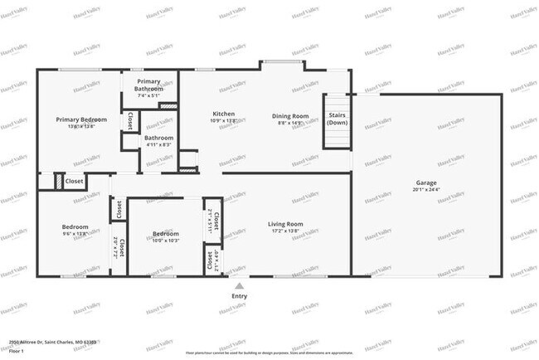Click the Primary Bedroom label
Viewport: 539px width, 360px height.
pyautogui.click(x=81, y=119)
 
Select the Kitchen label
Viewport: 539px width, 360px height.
pyautogui.click(x=224, y=114)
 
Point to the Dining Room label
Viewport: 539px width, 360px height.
pyautogui.click(x=290, y=116)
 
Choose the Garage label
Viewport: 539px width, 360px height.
pyautogui.click(x=426, y=182)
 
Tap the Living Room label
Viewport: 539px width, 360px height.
pyautogui.click(x=284, y=224)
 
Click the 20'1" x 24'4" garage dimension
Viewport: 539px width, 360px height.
pyautogui.click(x=426, y=190)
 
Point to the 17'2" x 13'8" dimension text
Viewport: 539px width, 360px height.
pyautogui.click(x=284, y=231)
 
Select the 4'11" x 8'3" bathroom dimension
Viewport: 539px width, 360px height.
pyautogui.click(x=158, y=145)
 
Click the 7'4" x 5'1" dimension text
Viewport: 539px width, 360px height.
pyautogui.click(x=149, y=96)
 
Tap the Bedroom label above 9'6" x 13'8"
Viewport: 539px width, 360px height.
pyautogui.click(x=75, y=226)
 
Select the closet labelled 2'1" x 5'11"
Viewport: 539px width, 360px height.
pyautogui.click(x=214, y=221)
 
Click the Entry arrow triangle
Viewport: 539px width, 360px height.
pyautogui.click(x=239, y=285)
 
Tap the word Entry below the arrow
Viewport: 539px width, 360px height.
pyautogui.click(x=239, y=295)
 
